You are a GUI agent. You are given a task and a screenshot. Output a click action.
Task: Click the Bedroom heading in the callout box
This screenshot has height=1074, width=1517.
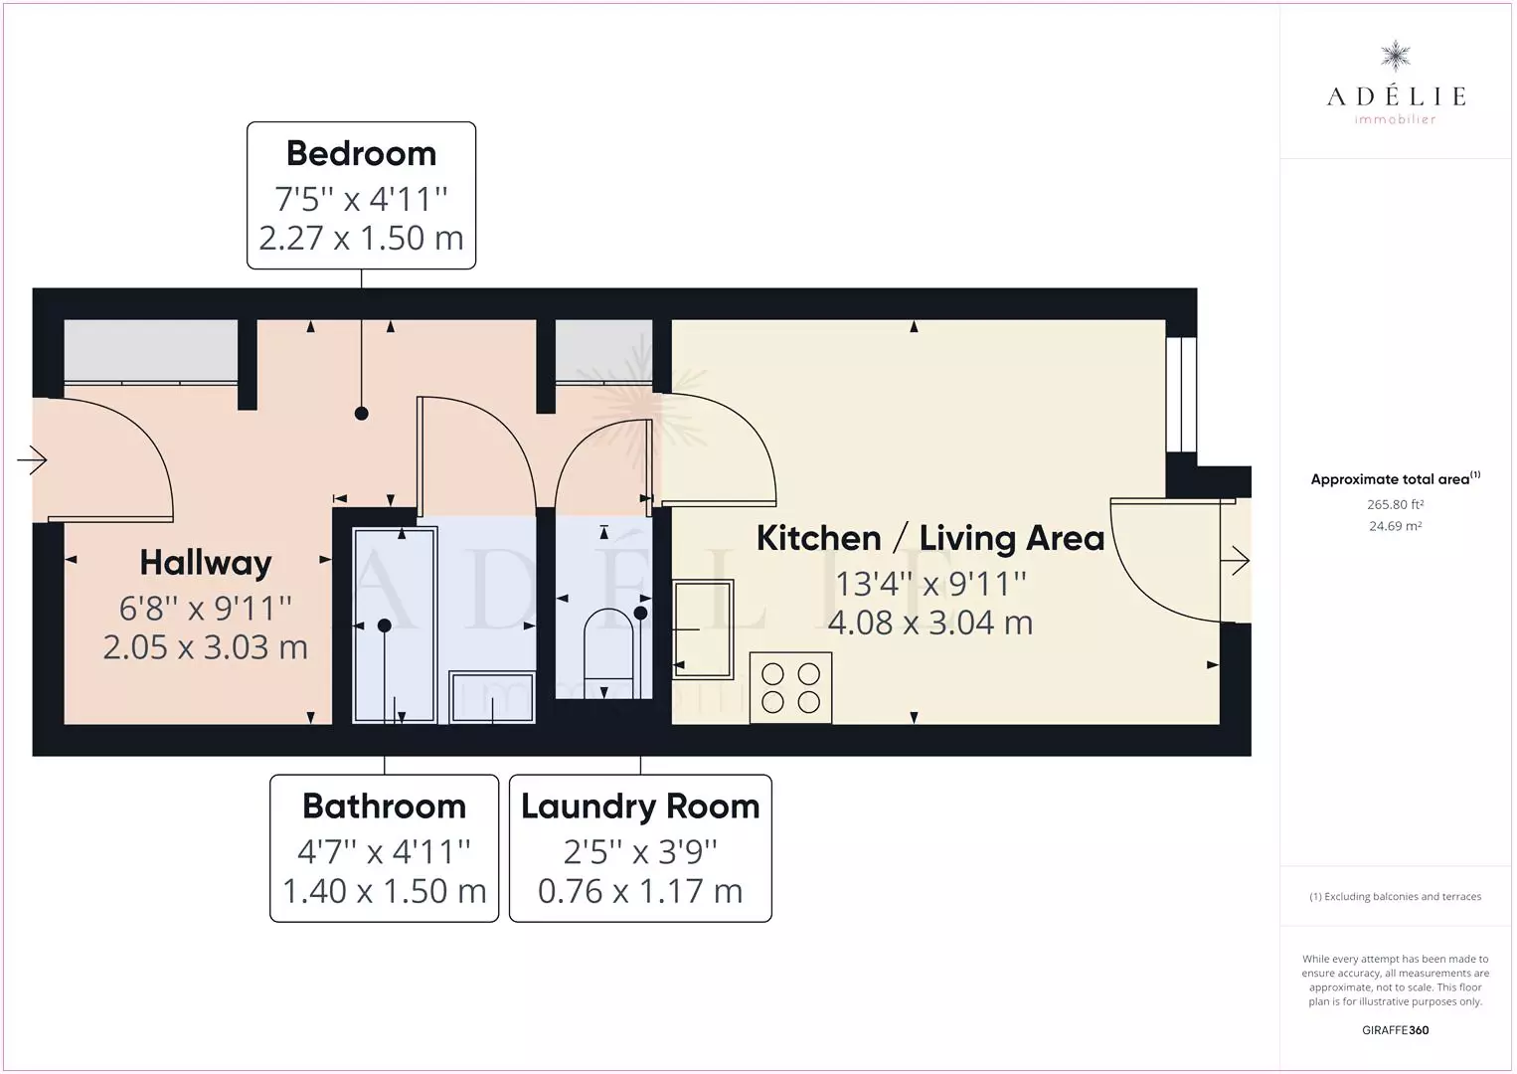(x=361, y=154)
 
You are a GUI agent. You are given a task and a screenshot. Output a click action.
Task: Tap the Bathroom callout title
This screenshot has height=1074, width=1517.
(x=384, y=806)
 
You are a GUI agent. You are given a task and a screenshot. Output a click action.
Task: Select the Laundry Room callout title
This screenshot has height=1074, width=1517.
(x=640, y=807)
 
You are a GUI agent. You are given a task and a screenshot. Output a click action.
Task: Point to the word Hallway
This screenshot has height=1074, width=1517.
(x=205, y=564)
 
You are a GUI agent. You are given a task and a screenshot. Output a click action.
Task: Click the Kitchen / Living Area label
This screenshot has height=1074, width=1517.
(x=929, y=538)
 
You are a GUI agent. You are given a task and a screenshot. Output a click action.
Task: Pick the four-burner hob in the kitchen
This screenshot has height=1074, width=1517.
(x=790, y=688)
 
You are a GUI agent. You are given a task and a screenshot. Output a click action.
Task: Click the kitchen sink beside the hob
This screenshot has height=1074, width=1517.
(x=703, y=628)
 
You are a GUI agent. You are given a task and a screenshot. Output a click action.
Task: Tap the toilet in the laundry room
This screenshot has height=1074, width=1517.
(x=608, y=652)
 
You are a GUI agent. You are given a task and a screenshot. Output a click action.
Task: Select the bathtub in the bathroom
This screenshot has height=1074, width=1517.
(x=394, y=626)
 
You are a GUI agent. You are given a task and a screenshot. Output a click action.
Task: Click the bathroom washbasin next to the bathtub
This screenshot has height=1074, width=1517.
(x=492, y=697)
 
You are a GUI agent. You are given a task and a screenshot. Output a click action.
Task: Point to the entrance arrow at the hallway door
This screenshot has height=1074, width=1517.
(x=32, y=460)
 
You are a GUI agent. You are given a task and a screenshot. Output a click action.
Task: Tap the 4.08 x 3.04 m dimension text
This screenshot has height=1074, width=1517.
(x=929, y=623)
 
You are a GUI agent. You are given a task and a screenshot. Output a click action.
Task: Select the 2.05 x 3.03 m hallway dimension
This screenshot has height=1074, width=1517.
(x=205, y=647)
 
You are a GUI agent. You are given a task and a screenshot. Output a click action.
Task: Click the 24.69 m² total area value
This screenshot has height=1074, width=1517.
(x=1395, y=526)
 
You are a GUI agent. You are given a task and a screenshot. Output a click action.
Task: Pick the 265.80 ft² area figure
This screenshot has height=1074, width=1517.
(x=1395, y=504)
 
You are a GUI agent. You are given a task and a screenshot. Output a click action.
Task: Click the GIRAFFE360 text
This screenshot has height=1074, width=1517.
(x=1395, y=1030)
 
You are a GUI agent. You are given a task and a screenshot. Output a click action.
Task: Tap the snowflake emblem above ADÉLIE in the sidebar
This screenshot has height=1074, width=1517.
(x=1396, y=57)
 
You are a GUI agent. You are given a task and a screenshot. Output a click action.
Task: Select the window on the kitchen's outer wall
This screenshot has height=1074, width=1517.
(x=1182, y=395)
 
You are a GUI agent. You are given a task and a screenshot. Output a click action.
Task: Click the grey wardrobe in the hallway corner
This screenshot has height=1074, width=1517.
(x=150, y=351)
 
